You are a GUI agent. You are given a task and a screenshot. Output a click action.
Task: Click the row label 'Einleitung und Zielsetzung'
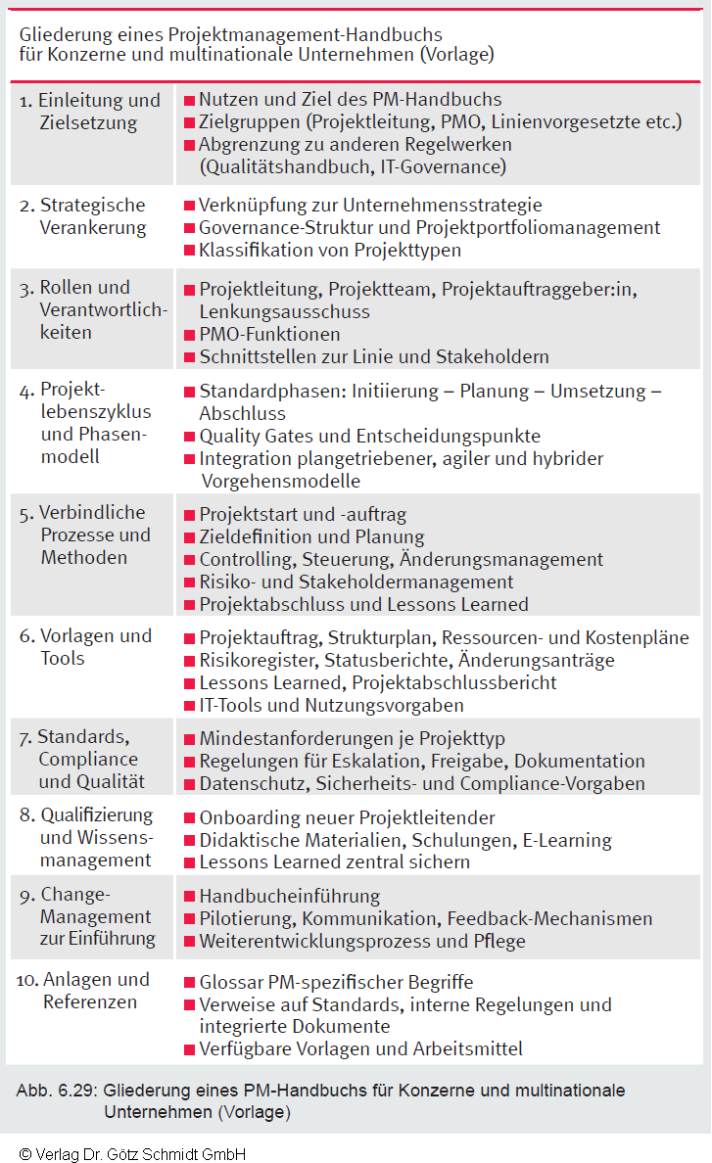(x=89, y=112)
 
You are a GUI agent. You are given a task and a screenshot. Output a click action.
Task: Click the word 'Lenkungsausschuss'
(x=284, y=312)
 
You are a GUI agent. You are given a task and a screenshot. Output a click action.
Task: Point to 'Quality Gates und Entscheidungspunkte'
(x=369, y=436)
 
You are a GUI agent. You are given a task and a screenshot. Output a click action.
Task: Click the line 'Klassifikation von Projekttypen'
(x=329, y=251)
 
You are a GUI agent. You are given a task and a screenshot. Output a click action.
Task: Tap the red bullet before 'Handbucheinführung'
(x=190, y=897)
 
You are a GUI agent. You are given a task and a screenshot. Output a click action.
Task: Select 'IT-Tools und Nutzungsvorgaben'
(x=331, y=705)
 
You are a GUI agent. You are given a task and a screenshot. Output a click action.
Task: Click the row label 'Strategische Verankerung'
(x=92, y=216)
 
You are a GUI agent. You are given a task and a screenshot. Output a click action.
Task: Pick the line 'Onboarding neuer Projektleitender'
(x=347, y=817)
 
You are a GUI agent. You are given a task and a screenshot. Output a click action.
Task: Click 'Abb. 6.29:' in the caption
(x=56, y=1090)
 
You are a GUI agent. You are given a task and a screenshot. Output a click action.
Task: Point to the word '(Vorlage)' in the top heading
(x=456, y=55)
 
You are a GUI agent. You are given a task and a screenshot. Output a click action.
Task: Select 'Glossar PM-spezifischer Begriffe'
(x=336, y=982)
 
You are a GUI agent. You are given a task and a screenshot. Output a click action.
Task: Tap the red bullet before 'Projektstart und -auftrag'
(x=190, y=515)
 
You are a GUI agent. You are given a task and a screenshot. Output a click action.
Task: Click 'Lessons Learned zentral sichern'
(x=334, y=862)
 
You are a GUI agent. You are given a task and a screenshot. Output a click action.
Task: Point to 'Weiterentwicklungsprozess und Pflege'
(x=361, y=942)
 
